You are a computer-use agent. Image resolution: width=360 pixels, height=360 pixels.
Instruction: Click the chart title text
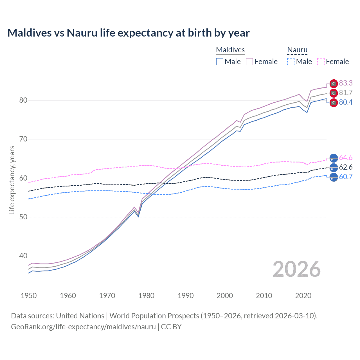(x=128, y=33)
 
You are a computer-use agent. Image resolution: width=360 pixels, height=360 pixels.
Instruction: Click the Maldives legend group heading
(x=230, y=50)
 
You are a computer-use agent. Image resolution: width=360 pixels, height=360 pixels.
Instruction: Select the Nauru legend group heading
(x=297, y=50)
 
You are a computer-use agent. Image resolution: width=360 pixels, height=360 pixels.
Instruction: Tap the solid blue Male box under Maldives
(x=220, y=62)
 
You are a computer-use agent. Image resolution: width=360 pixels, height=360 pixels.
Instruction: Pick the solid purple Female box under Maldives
(x=249, y=62)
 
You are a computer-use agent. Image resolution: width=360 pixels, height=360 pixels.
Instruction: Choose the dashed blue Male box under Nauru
(x=291, y=62)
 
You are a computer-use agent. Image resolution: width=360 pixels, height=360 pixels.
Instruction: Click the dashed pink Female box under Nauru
(x=321, y=62)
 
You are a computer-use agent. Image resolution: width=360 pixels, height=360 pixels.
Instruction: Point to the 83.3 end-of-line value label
(x=346, y=83)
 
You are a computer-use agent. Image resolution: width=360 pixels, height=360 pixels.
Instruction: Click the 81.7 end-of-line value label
(x=346, y=93)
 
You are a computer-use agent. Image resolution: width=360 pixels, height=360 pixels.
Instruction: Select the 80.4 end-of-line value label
(x=346, y=102)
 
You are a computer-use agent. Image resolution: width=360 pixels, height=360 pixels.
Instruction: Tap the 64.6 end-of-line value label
(x=346, y=157)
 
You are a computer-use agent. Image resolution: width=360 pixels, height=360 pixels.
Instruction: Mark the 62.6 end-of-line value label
(x=346, y=167)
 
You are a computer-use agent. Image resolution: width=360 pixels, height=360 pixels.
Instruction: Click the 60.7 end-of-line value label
(x=346, y=177)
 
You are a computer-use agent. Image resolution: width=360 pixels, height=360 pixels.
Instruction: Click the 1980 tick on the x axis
(x=146, y=296)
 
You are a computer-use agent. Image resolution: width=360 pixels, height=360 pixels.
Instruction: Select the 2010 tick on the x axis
(x=264, y=296)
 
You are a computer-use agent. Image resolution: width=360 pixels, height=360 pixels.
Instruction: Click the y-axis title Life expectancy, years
(x=12, y=180)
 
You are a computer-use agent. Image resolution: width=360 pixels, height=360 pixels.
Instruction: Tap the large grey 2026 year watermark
(x=296, y=269)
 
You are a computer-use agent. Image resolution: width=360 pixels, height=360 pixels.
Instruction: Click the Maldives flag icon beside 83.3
(x=334, y=84)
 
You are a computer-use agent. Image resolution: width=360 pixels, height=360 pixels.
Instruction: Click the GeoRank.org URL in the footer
(x=83, y=327)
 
